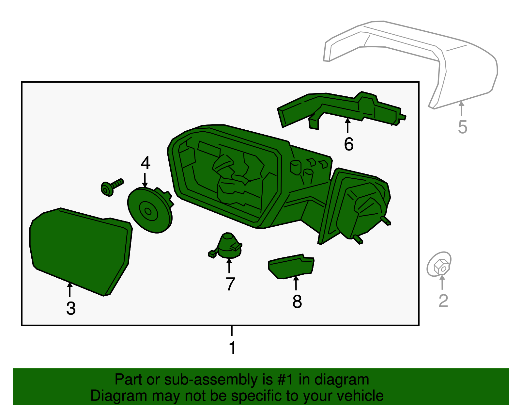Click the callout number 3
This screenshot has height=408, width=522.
[71, 308]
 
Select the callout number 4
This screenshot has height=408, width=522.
[146, 163]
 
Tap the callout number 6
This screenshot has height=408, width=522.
[348, 144]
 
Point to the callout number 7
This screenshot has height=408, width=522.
[230, 284]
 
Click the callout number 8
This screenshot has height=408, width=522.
[297, 301]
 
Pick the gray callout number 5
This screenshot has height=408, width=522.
[462, 127]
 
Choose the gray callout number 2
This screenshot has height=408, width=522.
[443, 301]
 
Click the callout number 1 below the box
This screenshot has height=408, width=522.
[232, 348]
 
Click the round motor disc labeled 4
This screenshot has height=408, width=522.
[148, 211]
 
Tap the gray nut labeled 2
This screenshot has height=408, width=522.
[439, 265]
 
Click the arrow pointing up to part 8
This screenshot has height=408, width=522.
[296, 283]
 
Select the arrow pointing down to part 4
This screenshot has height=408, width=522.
[145, 180]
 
